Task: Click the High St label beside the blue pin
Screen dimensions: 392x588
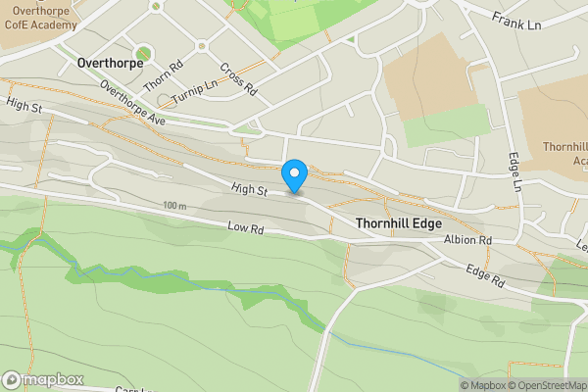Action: click(250, 188)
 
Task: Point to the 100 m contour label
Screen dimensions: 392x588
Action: click(175, 206)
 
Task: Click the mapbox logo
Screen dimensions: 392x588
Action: click(42, 379)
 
